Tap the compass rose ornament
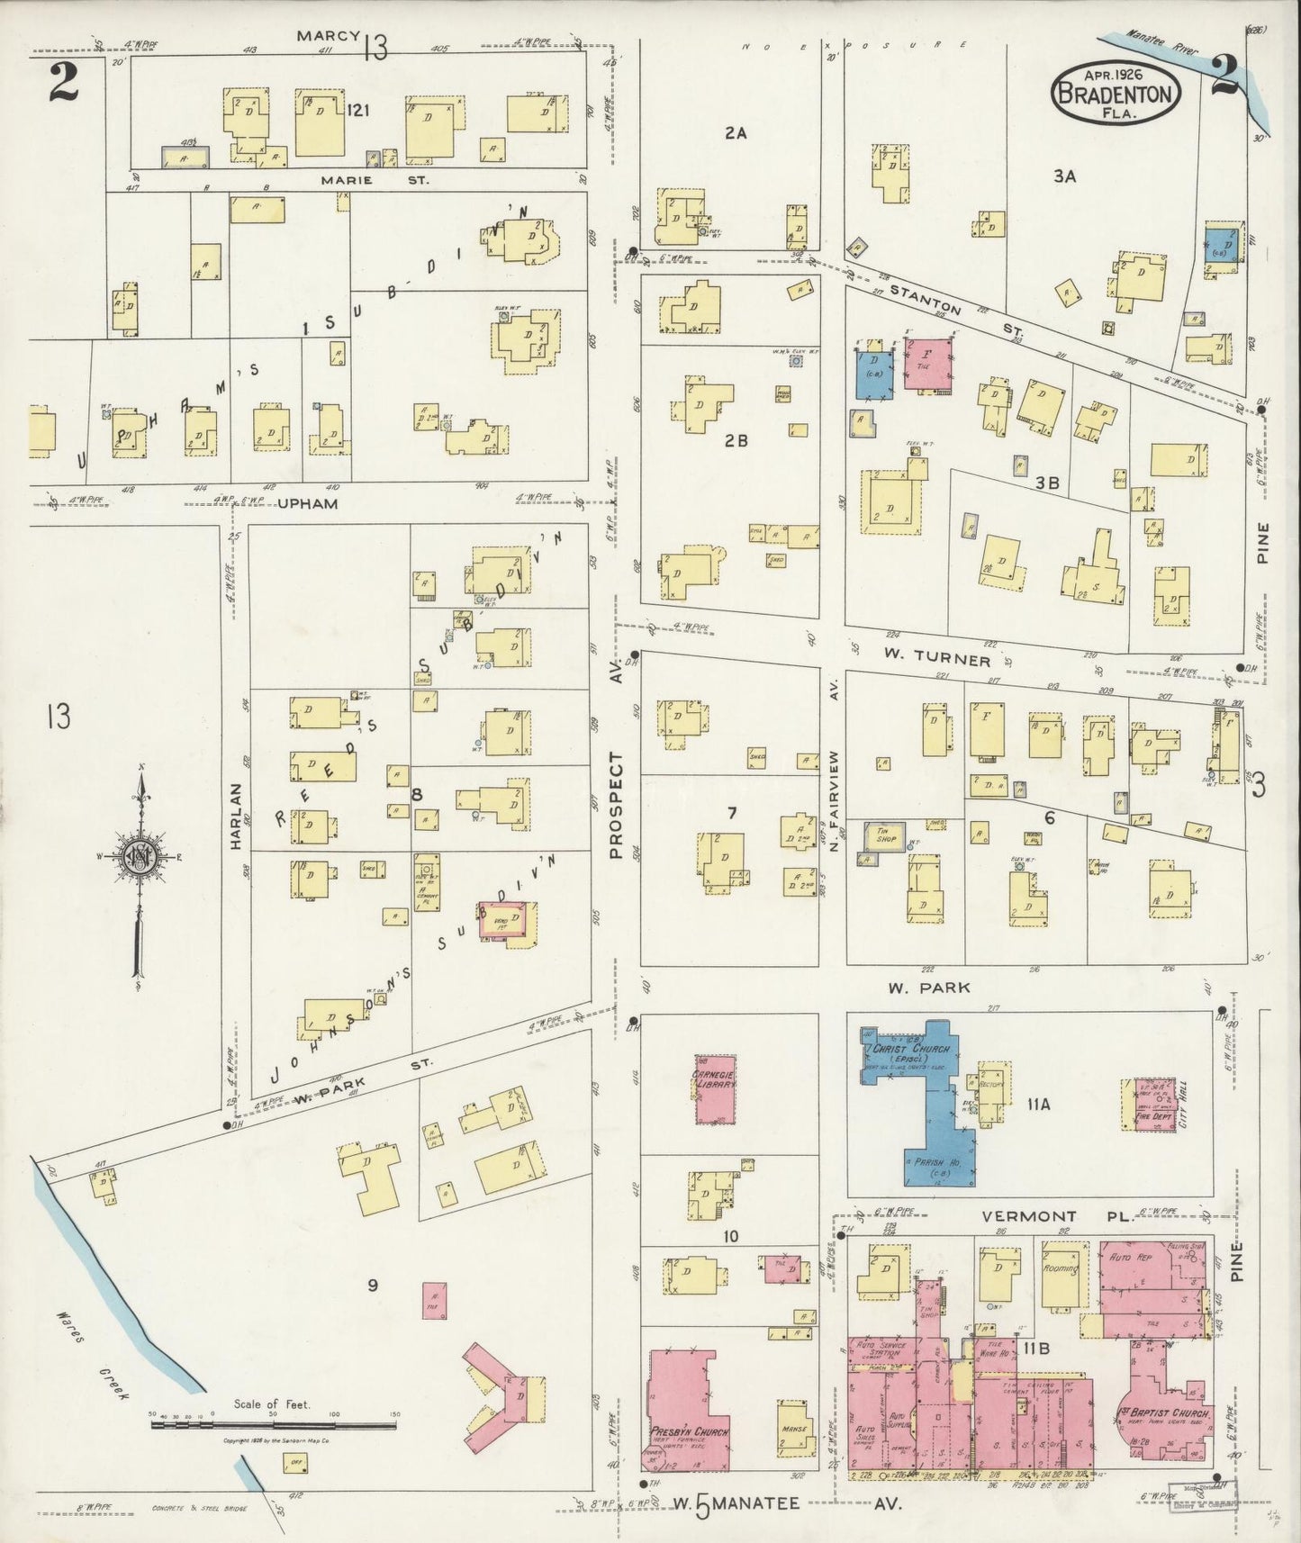click(x=141, y=856)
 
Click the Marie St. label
click(x=375, y=180)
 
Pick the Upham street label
click(x=308, y=504)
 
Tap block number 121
click(x=359, y=110)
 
